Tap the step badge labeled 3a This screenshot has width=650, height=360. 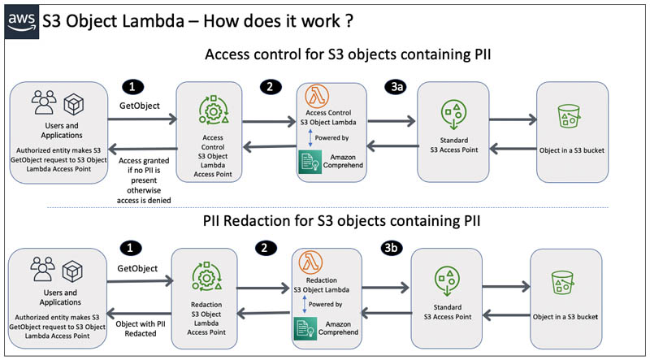[x=395, y=87]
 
